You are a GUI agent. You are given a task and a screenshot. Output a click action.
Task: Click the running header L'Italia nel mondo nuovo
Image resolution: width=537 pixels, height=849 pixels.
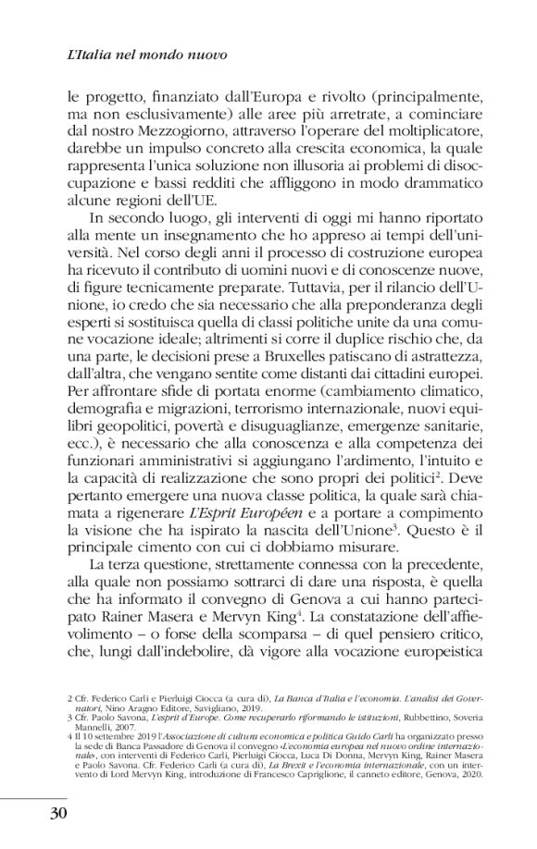[148, 55]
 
